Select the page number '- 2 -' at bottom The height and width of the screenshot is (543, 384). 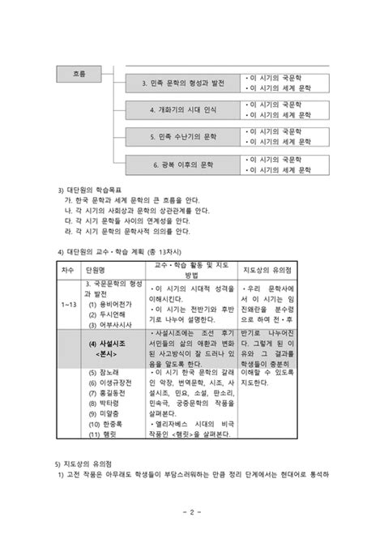pos(191,513)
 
